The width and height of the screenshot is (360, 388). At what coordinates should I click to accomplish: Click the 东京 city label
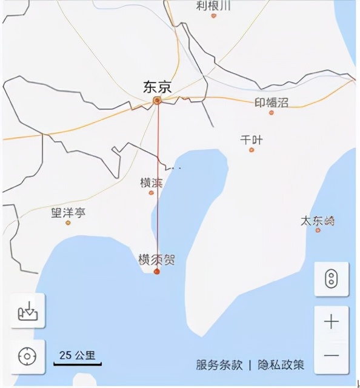157,87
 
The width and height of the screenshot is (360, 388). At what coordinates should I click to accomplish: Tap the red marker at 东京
157,101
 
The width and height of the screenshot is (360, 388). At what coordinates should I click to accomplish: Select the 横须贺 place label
157,259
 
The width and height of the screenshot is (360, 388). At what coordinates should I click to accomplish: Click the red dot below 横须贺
157,272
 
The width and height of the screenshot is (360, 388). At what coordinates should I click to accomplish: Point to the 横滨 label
152,182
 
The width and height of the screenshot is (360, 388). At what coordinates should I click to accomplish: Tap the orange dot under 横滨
152,193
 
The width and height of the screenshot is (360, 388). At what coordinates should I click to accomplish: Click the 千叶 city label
252,140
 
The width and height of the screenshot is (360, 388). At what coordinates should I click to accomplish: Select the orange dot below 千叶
252,150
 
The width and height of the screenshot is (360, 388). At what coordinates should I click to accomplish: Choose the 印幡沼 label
271,102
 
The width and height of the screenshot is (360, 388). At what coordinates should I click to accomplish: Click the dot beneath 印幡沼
271,112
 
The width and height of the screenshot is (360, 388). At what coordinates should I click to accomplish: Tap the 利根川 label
213,5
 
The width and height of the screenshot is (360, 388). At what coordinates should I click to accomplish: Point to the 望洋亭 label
68,213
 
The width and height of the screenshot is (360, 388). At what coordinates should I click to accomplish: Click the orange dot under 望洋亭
68,222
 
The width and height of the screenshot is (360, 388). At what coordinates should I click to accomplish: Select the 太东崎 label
318,221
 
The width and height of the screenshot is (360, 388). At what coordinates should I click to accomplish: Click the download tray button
28,310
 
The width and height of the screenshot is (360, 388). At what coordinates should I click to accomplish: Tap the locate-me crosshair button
28,356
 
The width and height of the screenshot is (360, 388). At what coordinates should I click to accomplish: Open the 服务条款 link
219,365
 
